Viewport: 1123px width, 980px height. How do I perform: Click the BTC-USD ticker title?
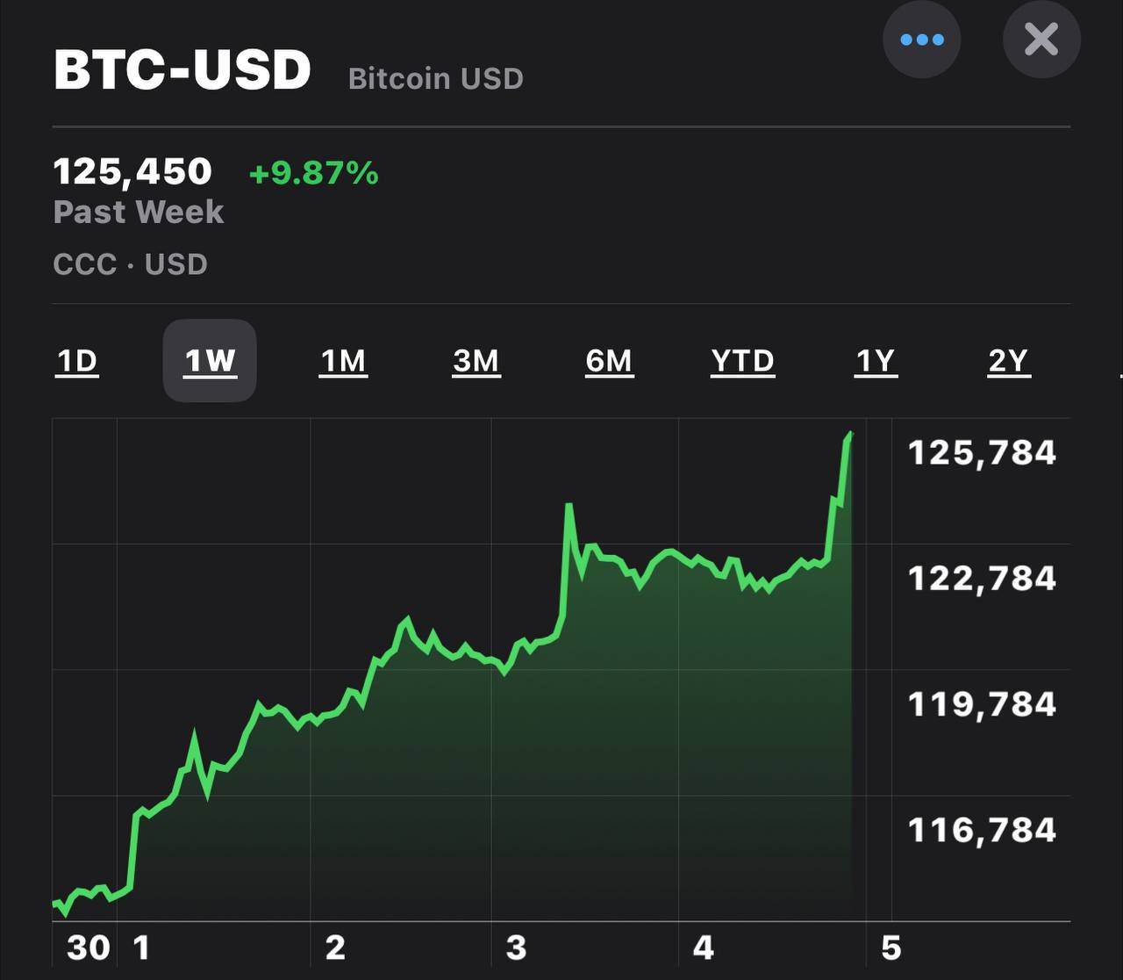click(x=182, y=69)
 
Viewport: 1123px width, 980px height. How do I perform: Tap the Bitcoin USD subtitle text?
click(x=435, y=79)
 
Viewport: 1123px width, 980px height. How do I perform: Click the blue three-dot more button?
click(x=921, y=40)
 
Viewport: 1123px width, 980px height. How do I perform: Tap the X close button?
click(x=1041, y=40)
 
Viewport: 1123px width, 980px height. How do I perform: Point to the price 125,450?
click(x=132, y=171)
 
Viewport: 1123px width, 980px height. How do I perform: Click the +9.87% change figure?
click(x=313, y=173)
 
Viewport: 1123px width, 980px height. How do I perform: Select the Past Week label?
click(x=139, y=212)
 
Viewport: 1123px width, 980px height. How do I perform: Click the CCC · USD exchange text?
click(x=130, y=264)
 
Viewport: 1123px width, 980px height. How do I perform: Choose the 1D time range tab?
click(x=77, y=361)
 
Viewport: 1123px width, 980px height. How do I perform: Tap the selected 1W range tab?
click(x=210, y=361)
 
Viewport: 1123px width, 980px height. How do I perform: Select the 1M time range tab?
click(x=343, y=361)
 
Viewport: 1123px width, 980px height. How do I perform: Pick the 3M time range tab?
click(x=476, y=361)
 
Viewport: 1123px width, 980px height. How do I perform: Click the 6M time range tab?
click(x=609, y=361)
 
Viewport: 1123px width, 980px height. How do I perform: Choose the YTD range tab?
click(x=742, y=361)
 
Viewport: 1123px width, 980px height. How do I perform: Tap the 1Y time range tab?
click(x=876, y=361)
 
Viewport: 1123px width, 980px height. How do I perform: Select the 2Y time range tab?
click(x=1008, y=361)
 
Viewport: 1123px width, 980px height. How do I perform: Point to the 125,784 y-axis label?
click(x=982, y=453)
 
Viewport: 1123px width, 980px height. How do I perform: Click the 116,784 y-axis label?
click(x=982, y=830)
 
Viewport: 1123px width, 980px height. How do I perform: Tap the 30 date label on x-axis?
click(x=89, y=948)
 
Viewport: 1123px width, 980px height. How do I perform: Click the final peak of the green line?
click(x=850, y=434)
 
